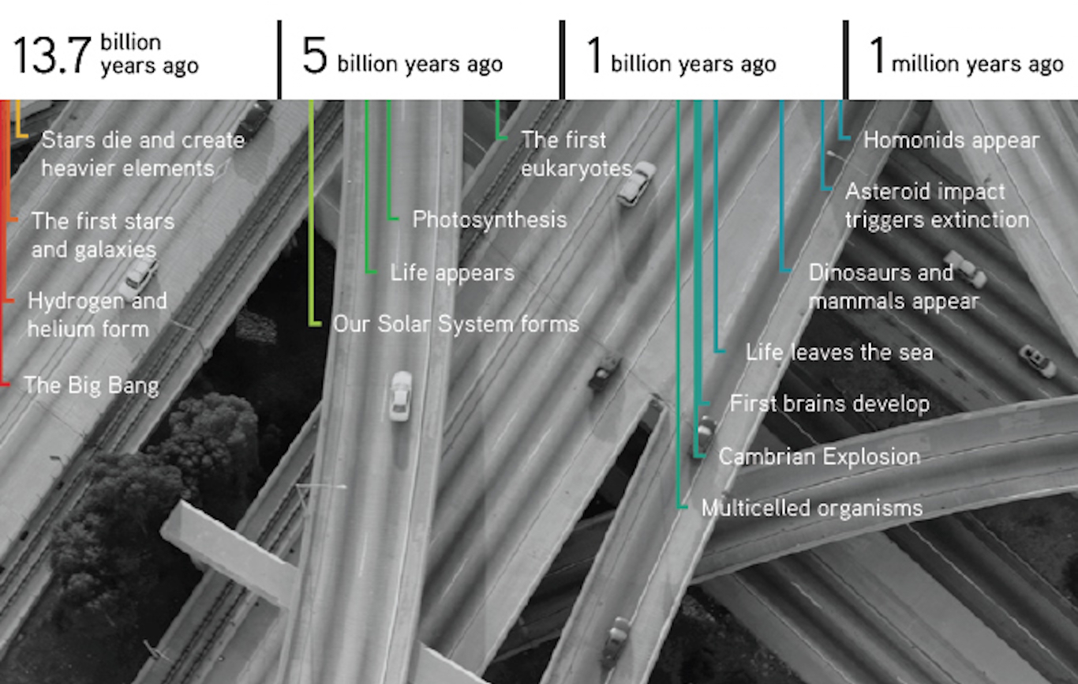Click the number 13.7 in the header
pos(52,56)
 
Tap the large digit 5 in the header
pos(315,56)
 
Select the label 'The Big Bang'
pos(92,385)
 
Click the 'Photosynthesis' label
pos(490,220)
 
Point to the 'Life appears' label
pos(452,273)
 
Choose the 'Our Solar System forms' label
pos(456,324)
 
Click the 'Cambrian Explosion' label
pos(820,457)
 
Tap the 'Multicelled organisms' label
pos(812,508)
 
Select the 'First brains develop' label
pos(829,404)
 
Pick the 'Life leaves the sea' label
pos(840,352)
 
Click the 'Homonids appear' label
pos(952,141)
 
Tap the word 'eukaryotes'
pos(577,169)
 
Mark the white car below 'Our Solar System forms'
pos(400,396)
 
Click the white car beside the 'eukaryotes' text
pos(636,183)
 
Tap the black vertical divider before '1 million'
pos(845,60)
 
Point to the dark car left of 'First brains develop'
pos(705,434)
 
